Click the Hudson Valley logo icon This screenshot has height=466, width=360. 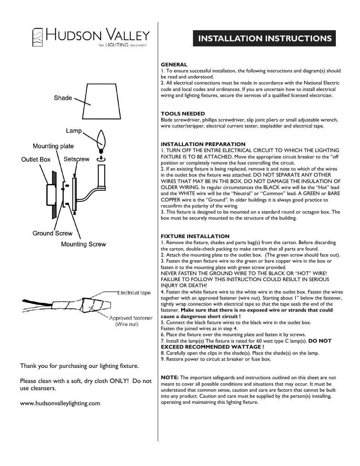(37, 37)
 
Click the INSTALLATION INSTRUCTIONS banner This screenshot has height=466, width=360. (264, 38)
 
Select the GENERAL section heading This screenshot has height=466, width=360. (174, 65)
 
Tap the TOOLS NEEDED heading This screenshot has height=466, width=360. (183, 114)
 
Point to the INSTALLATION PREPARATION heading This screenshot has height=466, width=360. (203, 144)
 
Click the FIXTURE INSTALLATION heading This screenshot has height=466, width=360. (195, 236)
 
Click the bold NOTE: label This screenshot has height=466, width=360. (170, 377)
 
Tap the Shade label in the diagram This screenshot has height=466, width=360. (63, 98)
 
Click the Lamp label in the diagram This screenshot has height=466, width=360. (74, 131)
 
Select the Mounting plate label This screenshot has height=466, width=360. (53, 146)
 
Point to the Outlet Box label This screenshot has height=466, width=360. (35, 160)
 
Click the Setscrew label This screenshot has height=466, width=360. (77, 159)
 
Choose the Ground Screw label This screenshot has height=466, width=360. (52, 234)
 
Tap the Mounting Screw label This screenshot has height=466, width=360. (83, 245)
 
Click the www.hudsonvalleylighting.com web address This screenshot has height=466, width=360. (60, 403)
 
